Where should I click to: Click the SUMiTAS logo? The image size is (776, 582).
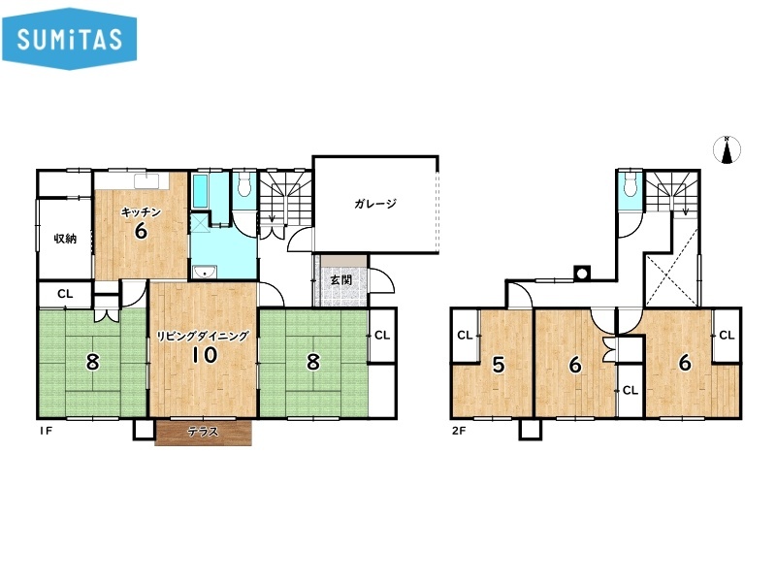point(69,39)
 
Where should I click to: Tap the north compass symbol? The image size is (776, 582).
point(727,149)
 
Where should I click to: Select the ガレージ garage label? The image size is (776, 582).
point(375,204)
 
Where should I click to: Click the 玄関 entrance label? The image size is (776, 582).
point(341,280)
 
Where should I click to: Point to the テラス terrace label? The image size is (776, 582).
point(203,432)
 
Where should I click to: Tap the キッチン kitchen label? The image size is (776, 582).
point(141,212)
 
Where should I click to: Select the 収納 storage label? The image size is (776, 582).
point(65,239)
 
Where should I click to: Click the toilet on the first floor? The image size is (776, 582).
point(244,184)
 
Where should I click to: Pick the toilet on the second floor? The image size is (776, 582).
point(630,184)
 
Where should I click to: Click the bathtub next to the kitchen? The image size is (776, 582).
point(201,190)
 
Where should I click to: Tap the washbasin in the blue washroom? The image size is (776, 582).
point(205,272)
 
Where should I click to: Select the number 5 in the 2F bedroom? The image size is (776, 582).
point(499,366)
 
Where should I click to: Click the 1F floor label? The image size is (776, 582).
point(46,431)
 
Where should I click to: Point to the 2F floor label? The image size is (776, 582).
point(459,431)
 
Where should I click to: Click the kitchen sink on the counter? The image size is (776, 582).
point(146,181)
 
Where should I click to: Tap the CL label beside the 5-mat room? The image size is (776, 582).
point(465,336)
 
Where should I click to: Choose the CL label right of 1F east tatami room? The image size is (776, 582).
point(382,336)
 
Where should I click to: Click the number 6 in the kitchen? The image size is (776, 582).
point(141,231)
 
